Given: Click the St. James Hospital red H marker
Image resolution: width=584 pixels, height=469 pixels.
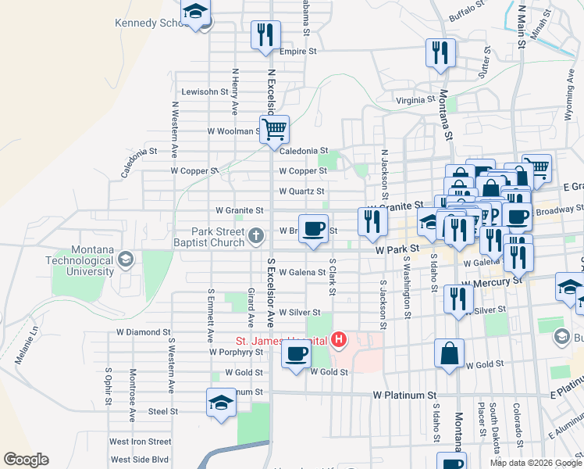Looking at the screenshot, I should pyautogui.click(x=339, y=339).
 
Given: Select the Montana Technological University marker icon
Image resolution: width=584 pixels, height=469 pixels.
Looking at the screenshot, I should pyautogui.click(x=126, y=259).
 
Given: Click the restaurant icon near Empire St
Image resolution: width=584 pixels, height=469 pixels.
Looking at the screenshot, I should pyautogui.click(x=265, y=35).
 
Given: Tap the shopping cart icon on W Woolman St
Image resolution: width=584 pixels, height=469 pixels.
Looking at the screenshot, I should pyautogui.click(x=274, y=130).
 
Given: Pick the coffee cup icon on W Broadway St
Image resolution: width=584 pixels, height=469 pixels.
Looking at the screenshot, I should pyautogui.click(x=313, y=229).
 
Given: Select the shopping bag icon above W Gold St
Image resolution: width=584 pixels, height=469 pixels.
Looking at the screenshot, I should pyautogui.click(x=450, y=353).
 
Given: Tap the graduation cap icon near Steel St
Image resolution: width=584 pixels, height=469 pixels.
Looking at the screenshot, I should pyautogui.click(x=221, y=403).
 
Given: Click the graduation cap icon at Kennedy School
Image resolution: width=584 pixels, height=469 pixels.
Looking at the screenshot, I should pyautogui.click(x=195, y=13).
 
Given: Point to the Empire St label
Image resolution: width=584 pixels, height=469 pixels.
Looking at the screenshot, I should pyautogui.click(x=297, y=51).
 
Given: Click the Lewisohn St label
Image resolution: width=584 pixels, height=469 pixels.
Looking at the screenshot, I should pyautogui.click(x=204, y=91).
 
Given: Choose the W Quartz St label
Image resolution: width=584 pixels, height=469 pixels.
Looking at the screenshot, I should pyautogui.click(x=301, y=191).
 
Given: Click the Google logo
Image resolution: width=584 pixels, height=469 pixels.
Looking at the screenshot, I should pyautogui.click(x=26, y=459).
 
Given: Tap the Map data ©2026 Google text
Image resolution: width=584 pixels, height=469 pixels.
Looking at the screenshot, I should pyautogui.click(x=535, y=463).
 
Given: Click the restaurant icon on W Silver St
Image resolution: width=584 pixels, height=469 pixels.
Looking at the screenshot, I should pyautogui.click(x=458, y=299).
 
